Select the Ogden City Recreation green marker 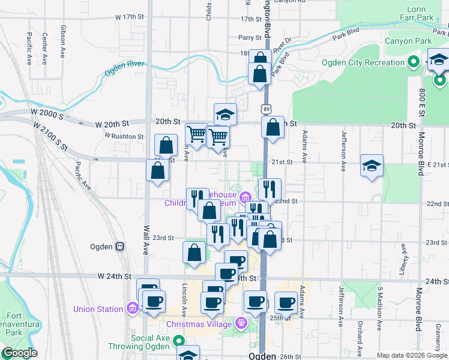coord(413,62)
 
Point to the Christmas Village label coord(199,324)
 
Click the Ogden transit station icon coord(120,246)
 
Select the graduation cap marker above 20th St coord(225,113)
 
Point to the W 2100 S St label coord(50,137)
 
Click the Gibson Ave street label coord(62,41)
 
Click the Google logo coord(19,353)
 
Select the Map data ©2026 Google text coord(412,355)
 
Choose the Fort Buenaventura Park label coord(19,324)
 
